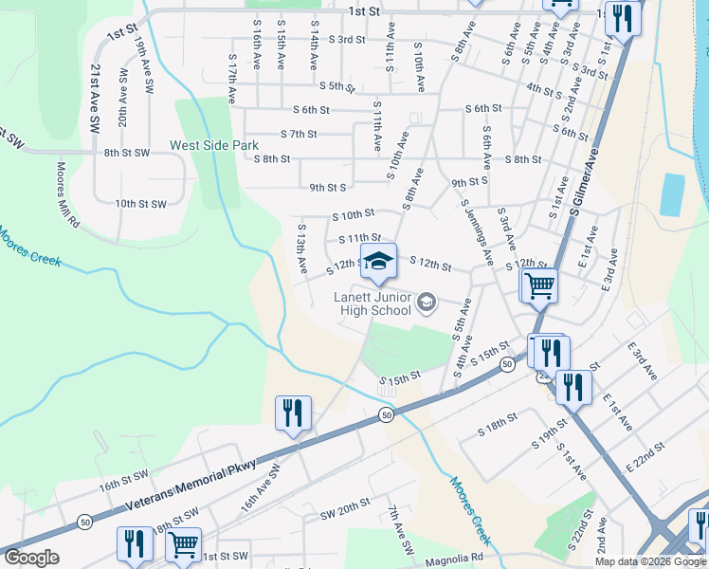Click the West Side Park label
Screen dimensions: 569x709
pos(213,146)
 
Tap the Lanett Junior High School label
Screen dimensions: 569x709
pos(373,303)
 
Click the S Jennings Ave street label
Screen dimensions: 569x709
pos(476,231)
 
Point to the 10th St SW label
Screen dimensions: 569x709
pos(140,204)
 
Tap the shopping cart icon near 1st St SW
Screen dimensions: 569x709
pos(183,545)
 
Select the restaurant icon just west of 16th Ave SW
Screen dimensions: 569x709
pos(293,413)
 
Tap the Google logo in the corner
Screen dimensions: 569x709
pos(31,558)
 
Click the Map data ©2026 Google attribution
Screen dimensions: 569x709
pos(650,561)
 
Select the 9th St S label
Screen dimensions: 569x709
pos(328,188)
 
